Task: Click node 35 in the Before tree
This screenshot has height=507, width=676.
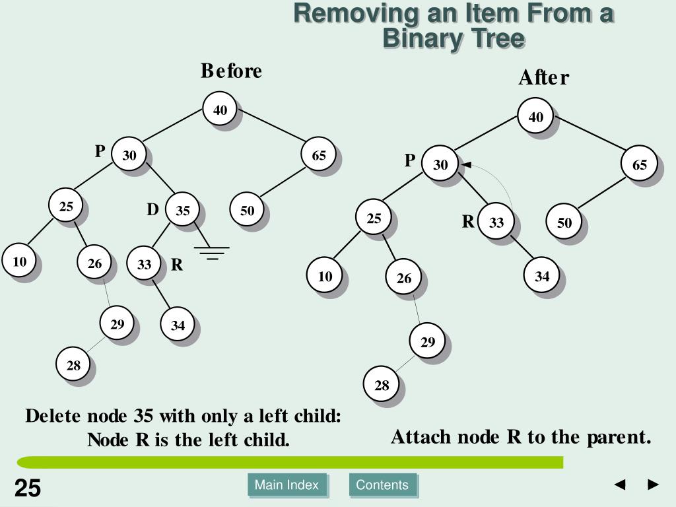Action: pyautogui.click(x=182, y=211)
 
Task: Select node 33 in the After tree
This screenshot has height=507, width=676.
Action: pyautogui.click(x=496, y=222)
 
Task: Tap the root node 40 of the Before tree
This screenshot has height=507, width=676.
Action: pyautogui.click(x=220, y=110)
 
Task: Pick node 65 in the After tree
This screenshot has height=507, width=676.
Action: pyautogui.click(x=640, y=165)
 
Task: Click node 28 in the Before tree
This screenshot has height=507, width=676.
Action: pyautogui.click(x=73, y=364)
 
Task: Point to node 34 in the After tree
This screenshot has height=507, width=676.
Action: pyautogui.click(x=542, y=276)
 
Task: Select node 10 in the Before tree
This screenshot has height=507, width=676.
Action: pyautogui.click(x=20, y=261)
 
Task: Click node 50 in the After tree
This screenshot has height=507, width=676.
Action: pyautogui.click(x=564, y=222)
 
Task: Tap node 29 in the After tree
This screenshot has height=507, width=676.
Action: pyautogui.click(x=428, y=341)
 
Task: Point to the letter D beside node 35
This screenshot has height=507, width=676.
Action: pyautogui.click(x=152, y=210)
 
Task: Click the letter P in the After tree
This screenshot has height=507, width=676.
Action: pyautogui.click(x=410, y=160)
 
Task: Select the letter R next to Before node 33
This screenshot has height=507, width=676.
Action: pyautogui.click(x=177, y=265)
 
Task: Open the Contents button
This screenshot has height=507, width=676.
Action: pyautogui.click(x=382, y=485)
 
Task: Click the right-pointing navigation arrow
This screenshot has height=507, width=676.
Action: pyautogui.click(x=654, y=485)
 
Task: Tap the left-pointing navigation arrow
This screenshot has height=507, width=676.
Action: pyautogui.click(x=620, y=485)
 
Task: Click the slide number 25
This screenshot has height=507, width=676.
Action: pyautogui.click(x=28, y=489)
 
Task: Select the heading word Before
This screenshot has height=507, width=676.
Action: pyautogui.click(x=231, y=71)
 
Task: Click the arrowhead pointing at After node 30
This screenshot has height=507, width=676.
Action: pyautogui.click(x=466, y=164)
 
